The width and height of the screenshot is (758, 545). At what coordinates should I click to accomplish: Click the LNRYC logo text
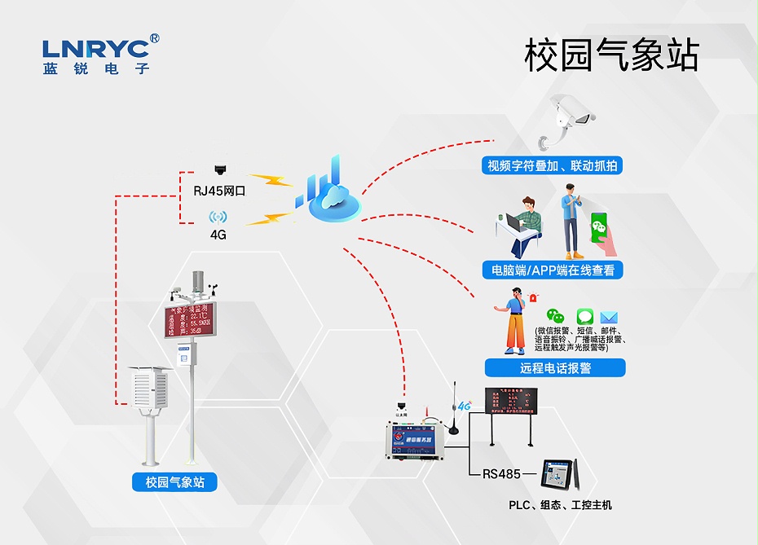96,47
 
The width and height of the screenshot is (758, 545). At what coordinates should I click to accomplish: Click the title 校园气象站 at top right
611,55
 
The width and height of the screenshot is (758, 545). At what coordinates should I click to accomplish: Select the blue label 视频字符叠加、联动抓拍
552,166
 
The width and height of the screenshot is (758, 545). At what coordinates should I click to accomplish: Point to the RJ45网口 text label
219,191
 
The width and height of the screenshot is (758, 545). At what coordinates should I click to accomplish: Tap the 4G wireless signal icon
218,218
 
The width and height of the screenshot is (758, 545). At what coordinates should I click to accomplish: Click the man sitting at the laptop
524,226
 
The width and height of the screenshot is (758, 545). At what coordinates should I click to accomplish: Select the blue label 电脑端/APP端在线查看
553,270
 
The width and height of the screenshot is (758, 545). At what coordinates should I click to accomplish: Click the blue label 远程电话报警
555,367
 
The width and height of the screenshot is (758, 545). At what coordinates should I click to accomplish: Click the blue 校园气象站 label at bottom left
174,482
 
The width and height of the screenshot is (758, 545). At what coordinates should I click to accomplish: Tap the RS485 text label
501,472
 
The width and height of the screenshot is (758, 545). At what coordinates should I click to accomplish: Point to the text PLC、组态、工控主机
560,505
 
